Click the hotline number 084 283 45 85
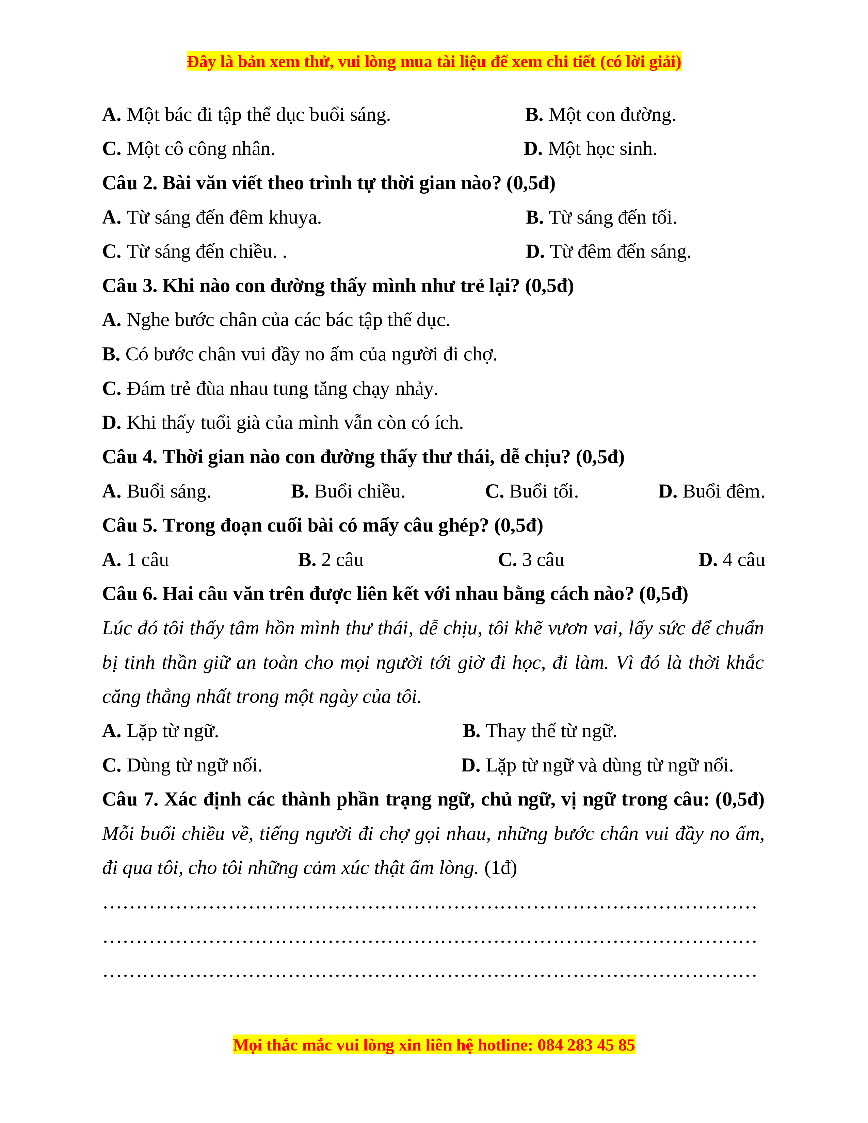pyautogui.click(x=586, y=1045)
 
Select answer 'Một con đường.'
pyautogui.click(x=600, y=115)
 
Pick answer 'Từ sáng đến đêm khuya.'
pyautogui.click(x=211, y=218)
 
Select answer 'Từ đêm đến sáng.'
pyautogui.click(x=608, y=252)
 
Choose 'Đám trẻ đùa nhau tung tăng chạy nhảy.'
pyautogui.click(x=270, y=389)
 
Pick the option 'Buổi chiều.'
pyautogui.click(x=348, y=492)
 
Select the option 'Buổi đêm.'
pyautogui.click(x=712, y=492)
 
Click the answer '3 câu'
pyautogui.click(x=531, y=560)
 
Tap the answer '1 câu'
pyautogui.click(x=136, y=560)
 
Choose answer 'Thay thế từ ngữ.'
pyautogui.click(x=540, y=731)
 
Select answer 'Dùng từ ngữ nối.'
pyautogui.click(x=182, y=766)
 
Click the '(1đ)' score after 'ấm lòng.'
pyautogui.click(x=500, y=868)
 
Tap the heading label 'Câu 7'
pyautogui.click(x=130, y=800)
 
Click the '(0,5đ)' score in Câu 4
pyautogui.click(x=599, y=457)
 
